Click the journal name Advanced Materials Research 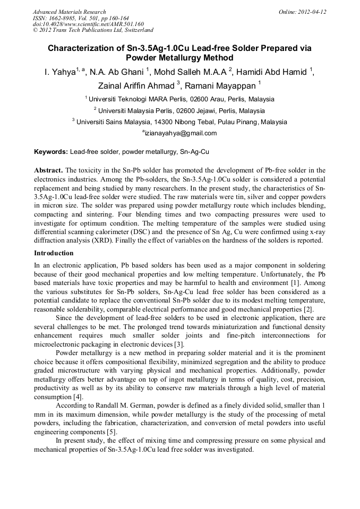point(69,12)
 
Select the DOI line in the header point(88,24)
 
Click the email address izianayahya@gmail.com point(181,133)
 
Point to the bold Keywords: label point(51,152)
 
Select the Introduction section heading point(54,253)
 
